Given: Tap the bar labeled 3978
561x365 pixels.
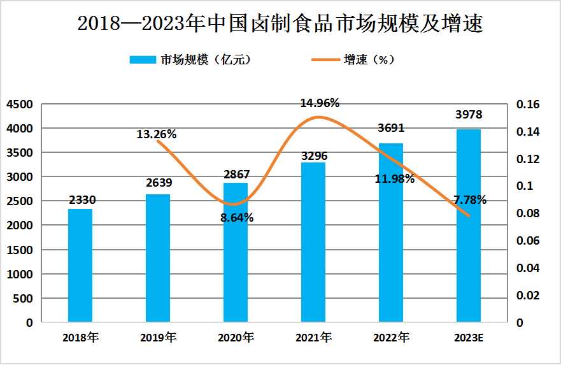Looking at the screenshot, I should click(469, 225).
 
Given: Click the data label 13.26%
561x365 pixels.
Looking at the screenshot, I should click(156, 134).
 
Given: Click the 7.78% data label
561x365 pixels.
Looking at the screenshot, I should click(470, 200).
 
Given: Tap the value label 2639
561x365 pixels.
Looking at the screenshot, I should click(158, 183).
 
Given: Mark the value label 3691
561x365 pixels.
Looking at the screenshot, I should click(391, 128).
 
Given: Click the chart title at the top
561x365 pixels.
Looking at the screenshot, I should click(280, 24).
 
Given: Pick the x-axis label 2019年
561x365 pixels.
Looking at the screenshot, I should click(158, 337).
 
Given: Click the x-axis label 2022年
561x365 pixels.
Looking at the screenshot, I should click(391, 337).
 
